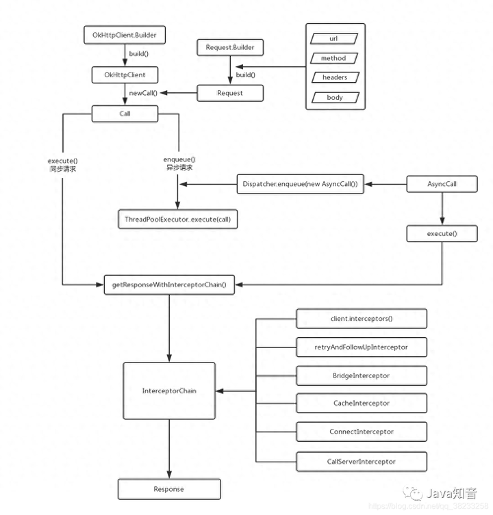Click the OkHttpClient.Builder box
[x=125, y=34]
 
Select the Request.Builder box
[x=230, y=48]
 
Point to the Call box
[x=125, y=114]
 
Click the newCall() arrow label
[x=144, y=92]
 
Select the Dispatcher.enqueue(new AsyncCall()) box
[x=300, y=185]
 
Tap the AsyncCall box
[x=442, y=185]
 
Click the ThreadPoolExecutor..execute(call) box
[x=179, y=217]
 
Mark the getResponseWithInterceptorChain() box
[x=169, y=284]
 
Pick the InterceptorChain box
[x=168, y=391]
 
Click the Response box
[x=168, y=489]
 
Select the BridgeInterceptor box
[x=361, y=375]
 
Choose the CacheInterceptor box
[x=361, y=404]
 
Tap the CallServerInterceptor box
[x=361, y=461]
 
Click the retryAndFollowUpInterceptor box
[x=361, y=347]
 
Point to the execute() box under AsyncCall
[x=442, y=233]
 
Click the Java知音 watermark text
[x=452, y=493]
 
